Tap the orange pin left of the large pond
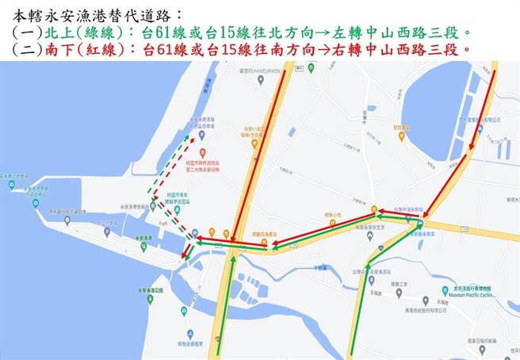(x=400, y=136)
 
